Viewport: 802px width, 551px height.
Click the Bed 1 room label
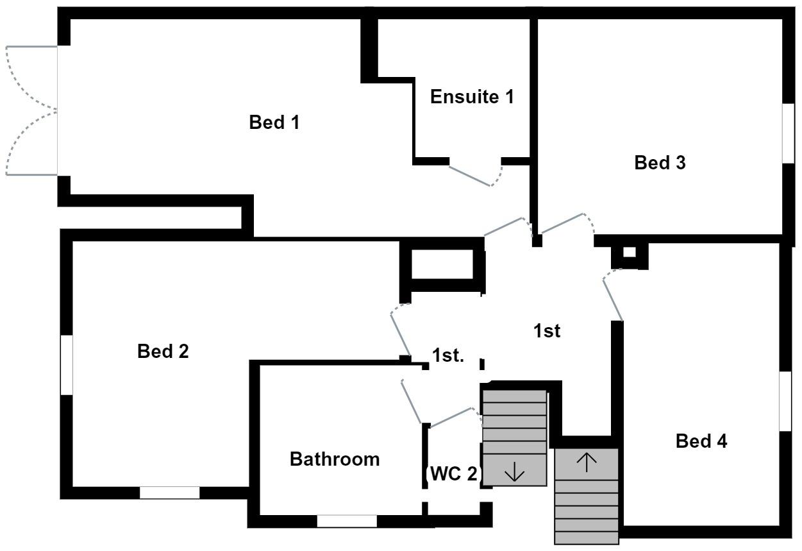pos(274,123)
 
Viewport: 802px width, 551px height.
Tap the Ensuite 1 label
pos(472,97)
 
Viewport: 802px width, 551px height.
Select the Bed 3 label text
pos(660,163)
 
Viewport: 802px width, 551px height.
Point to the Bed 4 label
pos(701,441)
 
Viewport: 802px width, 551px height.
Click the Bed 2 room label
pos(163,352)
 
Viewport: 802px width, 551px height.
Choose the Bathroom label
pos(335,459)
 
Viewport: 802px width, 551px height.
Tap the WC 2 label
pos(453,474)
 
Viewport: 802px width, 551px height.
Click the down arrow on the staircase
pos(514,473)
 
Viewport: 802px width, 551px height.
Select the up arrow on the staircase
pos(587,461)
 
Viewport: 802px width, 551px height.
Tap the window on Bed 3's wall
pos(788,132)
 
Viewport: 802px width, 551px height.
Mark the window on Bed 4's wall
pos(785,401)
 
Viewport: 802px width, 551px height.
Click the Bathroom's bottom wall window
pos(346,521)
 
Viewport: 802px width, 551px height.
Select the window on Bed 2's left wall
pos(67,364)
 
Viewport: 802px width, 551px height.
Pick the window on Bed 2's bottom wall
pos(169,493)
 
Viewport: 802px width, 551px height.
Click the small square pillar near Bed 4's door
pos(629,253)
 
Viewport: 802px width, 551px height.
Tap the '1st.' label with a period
pos(447,356)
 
